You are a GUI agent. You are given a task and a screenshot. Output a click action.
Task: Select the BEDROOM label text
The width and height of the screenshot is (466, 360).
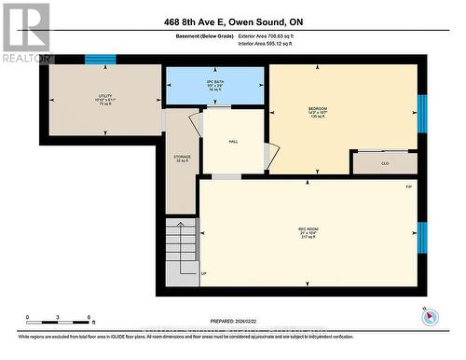point(318,109)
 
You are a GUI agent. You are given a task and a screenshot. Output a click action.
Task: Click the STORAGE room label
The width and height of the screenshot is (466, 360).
point(182,158)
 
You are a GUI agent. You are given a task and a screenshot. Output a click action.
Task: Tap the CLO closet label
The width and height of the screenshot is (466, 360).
point(384,163)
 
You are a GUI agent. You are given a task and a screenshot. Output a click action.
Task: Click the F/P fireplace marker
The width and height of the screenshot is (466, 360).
point(407,187)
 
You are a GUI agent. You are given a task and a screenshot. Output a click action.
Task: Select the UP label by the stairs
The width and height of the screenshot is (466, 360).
point(204,273)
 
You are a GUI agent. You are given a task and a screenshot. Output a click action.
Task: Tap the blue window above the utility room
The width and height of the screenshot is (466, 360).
point(100,59)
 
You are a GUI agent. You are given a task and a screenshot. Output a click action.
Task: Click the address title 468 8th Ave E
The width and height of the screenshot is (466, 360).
point(233,21)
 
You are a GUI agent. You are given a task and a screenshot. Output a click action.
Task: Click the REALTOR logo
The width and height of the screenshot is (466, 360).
point(25,32)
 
